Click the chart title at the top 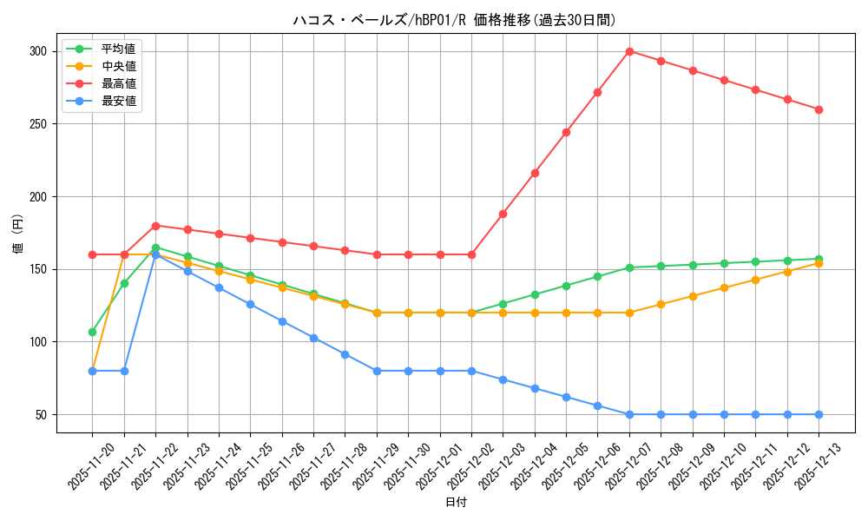(455, 20)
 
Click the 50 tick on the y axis (40, 414)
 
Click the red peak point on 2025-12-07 (629, 51)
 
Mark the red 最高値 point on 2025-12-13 (819, 109)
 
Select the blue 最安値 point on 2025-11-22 (155, 255)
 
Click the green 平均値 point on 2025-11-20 (92, 332)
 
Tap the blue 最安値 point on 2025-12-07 (629, 414)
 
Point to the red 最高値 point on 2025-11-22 (155, 226)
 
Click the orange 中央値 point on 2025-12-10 (724, 287)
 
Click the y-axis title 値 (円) (18, 234)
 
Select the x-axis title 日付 (455, 503)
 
